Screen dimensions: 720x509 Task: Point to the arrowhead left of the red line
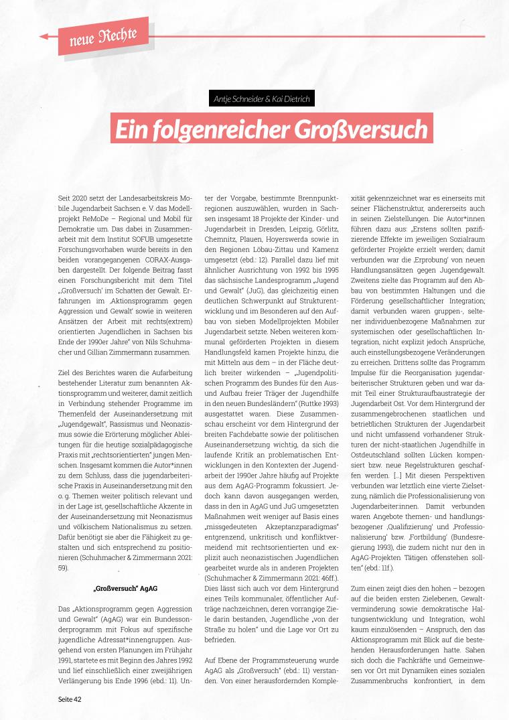pos(44,36)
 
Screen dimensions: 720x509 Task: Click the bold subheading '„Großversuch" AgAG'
pos(125,589)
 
